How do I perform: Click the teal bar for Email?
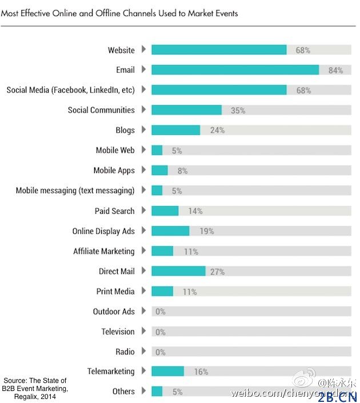(x=235, y=70)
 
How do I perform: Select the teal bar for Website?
(x=219, y=50)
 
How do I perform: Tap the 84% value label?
(x=335, y=70)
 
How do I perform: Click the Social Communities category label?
(x=101, y=110)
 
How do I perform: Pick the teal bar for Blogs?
(x=175, y=130)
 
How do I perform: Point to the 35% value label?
(x=238, y=110)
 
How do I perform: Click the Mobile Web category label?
(x=115, y=150)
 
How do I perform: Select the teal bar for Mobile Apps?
(x=159, y=170)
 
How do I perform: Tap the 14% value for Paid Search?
(x=195, y=211)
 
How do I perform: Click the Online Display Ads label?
(x=103, y=231)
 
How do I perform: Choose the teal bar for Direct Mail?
(x=178, y=271)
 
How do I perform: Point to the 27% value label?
(x=217, y=272)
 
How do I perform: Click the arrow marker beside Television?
(x=143, y=332)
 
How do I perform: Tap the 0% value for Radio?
(x=160, y=352)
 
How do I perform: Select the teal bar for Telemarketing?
(x=167, y=372)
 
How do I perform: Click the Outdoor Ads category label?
(x=114, y=312)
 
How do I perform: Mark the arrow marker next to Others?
(x=143, y=392)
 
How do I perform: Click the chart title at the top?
(x=119, y=13)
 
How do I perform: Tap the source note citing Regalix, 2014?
(x=35, y=389)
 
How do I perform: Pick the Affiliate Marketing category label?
(x=103, y=251)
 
